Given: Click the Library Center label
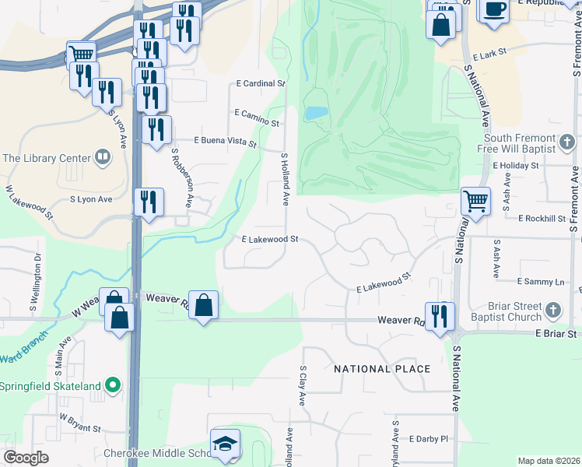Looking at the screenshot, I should (47, 158).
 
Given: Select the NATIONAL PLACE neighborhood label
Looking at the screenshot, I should (382, 369).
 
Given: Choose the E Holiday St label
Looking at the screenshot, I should (516, 166).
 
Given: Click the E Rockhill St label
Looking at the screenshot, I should (542, 219).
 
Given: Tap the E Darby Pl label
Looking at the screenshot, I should (429, 439).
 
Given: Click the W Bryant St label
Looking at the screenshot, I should (81, 427).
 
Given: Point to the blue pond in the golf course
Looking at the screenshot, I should (314, 114).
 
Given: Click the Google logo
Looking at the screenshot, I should (26, 458).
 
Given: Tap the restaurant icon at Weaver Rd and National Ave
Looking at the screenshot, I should (440, 316).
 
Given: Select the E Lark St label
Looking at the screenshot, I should (489, 52).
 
